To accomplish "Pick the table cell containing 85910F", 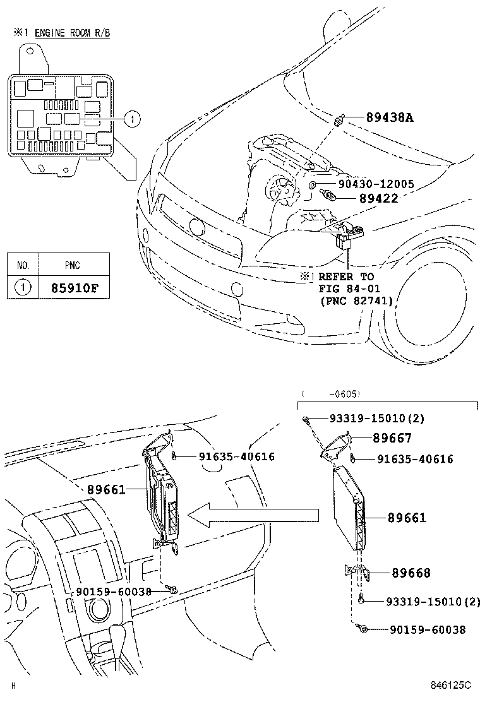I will coord(75,288).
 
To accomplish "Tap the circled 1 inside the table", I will coord(23,288).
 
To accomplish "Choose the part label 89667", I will coord(392,439).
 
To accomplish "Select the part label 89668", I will coord(411,573).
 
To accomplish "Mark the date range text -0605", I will coord(344,394).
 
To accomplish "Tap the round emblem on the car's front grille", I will coord(197,226).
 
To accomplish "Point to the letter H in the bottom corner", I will coord(13,686).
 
